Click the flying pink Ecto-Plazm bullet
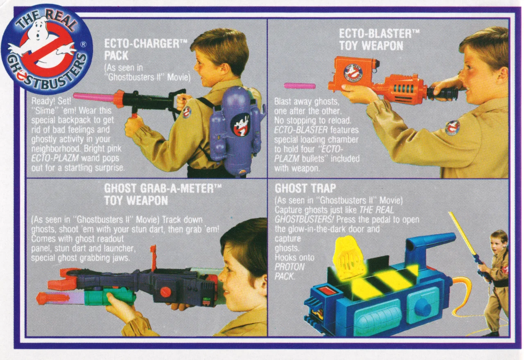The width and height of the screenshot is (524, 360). pyautogui.click(x=300, y=85)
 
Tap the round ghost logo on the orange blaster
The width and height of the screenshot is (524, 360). pyautogui.click(x=352, y=72)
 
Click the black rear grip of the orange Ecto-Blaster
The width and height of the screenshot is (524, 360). pyautogui.click(x=442, y=93)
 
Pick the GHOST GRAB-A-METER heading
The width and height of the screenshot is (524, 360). pyautogui.click(x=163, y=194)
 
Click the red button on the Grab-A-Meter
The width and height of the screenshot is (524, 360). pyautogui.click(x=165, y=292)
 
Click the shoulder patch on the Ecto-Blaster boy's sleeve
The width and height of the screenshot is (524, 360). pyautogui.click(x=452, y=128)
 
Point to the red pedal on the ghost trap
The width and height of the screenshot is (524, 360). pyautogui.click(x=327, y=291)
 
